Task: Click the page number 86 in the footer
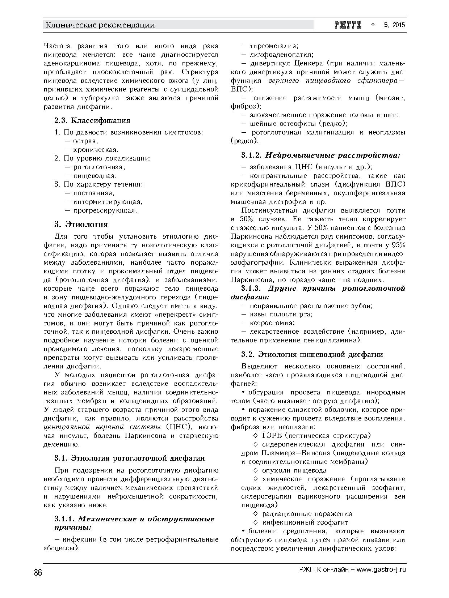pos(38,573)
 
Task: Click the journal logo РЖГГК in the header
pos(348,25)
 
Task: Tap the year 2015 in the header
pos(398,25)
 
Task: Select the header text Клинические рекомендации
pos(100,25)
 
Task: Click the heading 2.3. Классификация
pos(92,120)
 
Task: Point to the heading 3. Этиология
pos(81,224)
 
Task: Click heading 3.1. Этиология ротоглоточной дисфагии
pos(129,458)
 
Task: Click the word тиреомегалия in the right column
pos(274,46)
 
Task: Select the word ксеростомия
pos(272,323)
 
